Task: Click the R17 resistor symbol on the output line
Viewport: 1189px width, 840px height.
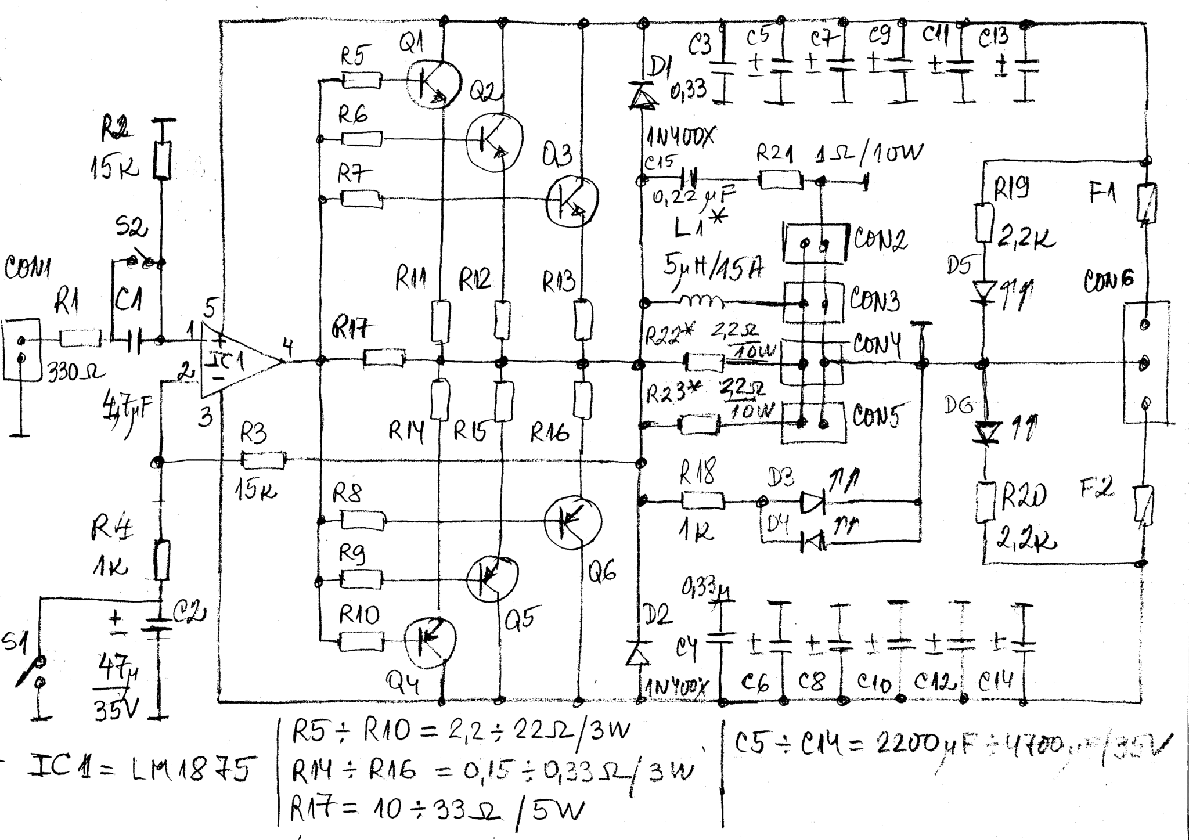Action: point(383,359)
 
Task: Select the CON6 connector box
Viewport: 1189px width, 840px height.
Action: point(1145,363)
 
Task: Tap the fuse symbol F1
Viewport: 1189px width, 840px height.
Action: point(1146,203)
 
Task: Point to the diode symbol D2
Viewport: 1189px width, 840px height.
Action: point(639,654)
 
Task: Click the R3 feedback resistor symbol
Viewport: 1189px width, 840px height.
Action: point(263,460)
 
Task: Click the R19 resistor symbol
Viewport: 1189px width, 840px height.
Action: point(982,222)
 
